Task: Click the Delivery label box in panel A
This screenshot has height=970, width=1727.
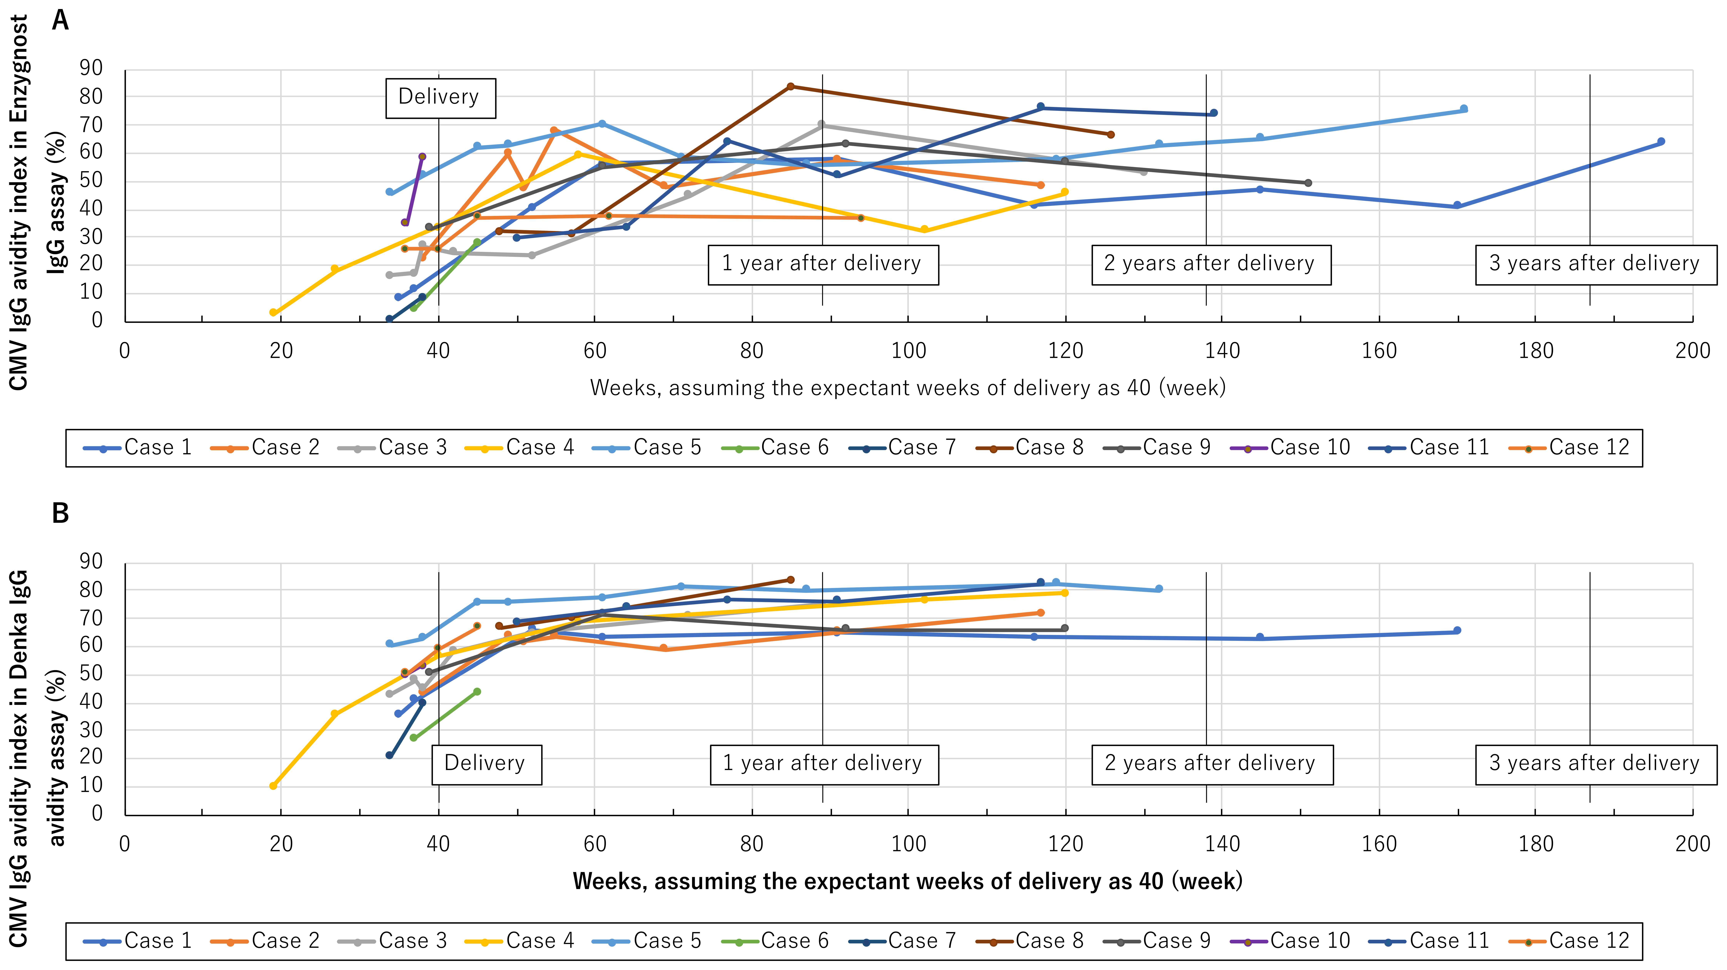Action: (x=440, y=98)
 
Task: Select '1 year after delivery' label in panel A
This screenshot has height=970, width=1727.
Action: (x=823, y=264)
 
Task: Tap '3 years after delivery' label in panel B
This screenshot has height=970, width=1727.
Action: (x=1595, y=764)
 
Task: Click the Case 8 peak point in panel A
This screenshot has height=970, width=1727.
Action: (x=790, y=86)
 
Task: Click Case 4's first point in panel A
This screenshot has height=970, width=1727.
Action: (x=273, y=312)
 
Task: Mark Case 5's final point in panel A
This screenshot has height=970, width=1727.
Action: (x=1464, y=109)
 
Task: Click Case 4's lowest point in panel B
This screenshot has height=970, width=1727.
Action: (x=273, y=786)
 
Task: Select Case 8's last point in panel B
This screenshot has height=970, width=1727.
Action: (x=790, y=580)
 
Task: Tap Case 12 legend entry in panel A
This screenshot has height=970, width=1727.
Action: (x=1569, y=448)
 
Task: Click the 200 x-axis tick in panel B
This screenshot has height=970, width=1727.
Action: (x=1692, y=844)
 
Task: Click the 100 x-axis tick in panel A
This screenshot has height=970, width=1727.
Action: (x=908, y=351)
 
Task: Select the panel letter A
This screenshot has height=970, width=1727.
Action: (x=60, y=21)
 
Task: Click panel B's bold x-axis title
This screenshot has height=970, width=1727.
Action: (x=907, y=881)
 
